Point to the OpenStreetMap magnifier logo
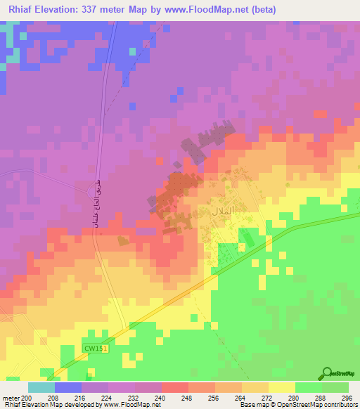(326, 373)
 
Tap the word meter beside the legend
(11, 398)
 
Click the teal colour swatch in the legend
(41, 387)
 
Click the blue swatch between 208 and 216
(68, 387)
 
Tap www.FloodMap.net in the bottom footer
(131, 405)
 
